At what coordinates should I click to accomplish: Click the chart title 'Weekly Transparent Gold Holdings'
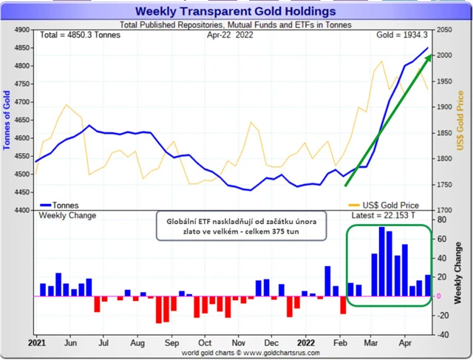(234, 11)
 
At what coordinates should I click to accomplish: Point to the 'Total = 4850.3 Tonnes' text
(79, 35)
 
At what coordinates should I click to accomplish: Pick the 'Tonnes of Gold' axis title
(7, 119)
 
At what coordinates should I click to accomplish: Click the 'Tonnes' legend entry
(63, 205)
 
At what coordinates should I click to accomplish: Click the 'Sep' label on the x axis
(172, 343)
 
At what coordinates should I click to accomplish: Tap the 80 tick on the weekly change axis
(442, 220)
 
